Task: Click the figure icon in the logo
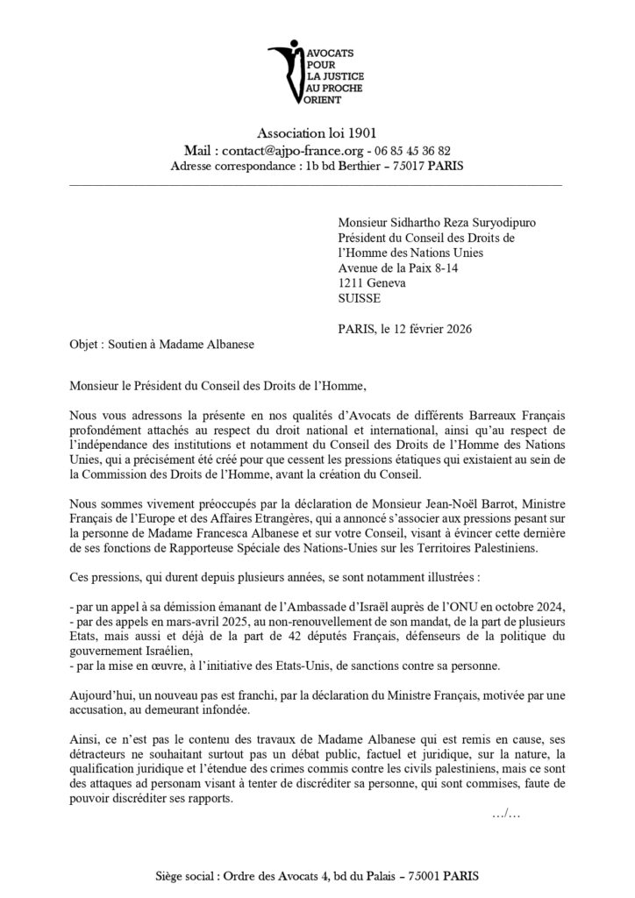coord(282,71)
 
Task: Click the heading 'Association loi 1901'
coord(317,133)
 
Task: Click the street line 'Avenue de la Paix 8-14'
coord(395,268)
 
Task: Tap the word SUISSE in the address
coord(358,298)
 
